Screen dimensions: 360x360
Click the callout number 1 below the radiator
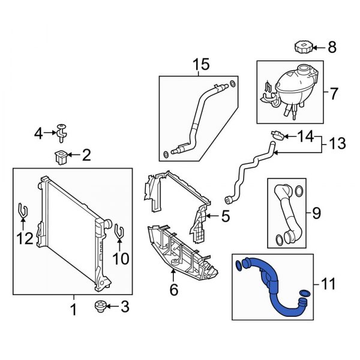74,310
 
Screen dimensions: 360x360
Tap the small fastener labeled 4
62,128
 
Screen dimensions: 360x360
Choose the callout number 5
225,217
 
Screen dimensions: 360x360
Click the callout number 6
173,290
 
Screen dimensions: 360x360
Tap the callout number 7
334,93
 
